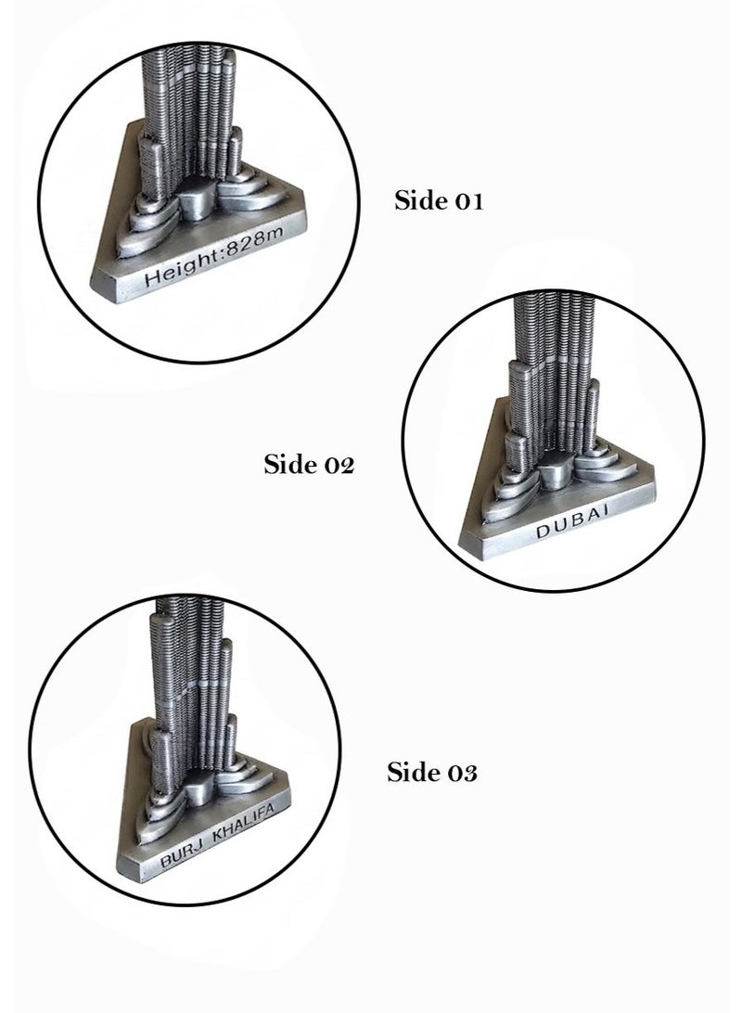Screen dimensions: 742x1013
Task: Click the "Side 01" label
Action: (439, 200)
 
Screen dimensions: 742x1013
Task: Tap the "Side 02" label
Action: (309, 464)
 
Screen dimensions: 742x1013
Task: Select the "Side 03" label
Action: (432, 772)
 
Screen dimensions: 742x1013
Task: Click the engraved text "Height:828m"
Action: (214, 258)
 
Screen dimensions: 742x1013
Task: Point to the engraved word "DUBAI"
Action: (573, 521)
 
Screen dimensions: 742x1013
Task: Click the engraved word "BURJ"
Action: (183, 853)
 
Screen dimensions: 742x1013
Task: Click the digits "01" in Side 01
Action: (469, 201)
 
